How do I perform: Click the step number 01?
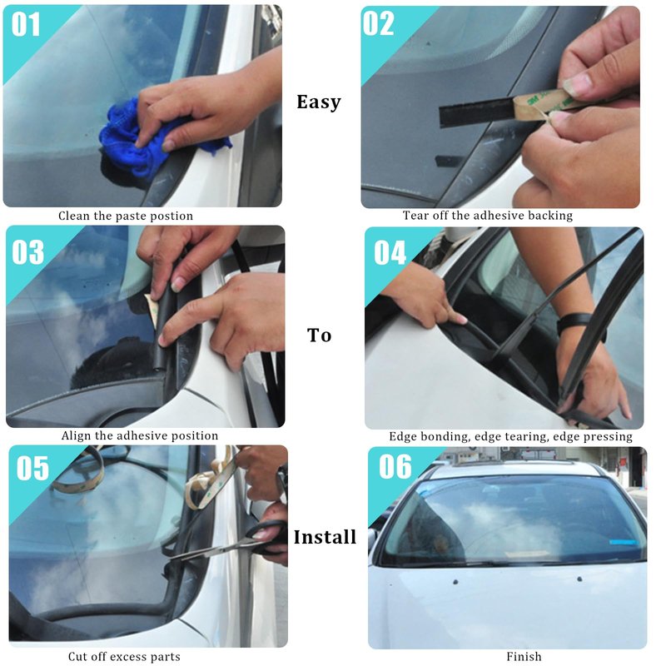pos(26,24)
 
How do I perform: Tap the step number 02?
pos(378,24)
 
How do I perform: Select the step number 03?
pos(28,252)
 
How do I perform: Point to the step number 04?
pos(390,253)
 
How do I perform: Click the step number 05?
pos(32,469)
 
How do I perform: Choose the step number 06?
pos(395,466)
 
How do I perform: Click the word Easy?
pos(319,102)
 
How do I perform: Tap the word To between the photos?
pos(319,335)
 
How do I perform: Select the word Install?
pos(325,537)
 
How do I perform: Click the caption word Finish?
pos(524,657)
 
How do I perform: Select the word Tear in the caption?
pos(415,216)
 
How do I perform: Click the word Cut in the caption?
pos(77,657)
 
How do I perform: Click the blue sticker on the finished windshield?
pos(624,543)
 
